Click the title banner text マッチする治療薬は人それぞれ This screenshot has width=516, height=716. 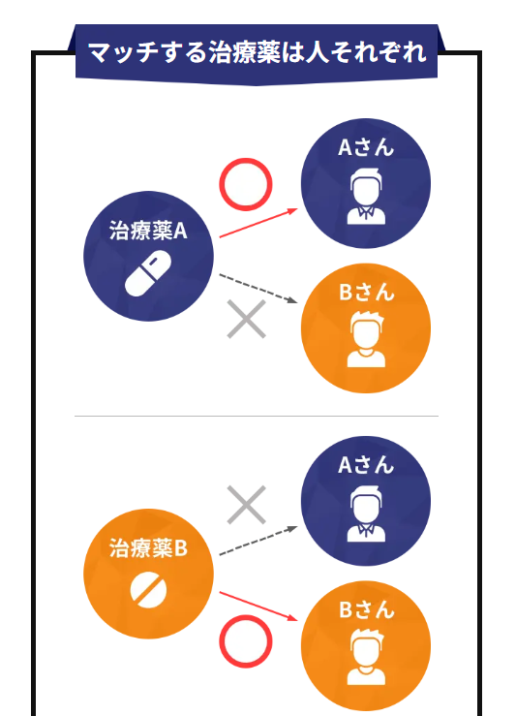point(257,52)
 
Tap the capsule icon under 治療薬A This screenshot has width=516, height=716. point(148,274)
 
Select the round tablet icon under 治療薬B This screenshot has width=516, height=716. point(148,590)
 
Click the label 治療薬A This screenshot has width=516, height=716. point(148,231)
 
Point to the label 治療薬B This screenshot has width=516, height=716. point(148,548)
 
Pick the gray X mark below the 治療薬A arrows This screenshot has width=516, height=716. point(246,319)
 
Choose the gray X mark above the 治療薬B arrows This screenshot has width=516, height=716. point(246,505)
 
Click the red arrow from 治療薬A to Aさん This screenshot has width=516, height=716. point(258,223)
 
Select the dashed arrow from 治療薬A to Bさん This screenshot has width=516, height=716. point(258,288)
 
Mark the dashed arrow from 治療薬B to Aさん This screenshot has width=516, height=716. point(258,541)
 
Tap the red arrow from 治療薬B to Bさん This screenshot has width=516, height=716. point(258,607)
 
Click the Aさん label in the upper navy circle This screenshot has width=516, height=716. point(365,147)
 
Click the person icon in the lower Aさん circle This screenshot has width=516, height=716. point(366,514)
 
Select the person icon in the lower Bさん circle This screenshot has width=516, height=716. point(366,657)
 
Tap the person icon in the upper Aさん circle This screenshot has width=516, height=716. point(366,197)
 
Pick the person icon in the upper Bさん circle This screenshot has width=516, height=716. point(366,339)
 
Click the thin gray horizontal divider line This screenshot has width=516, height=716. point(257,416)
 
